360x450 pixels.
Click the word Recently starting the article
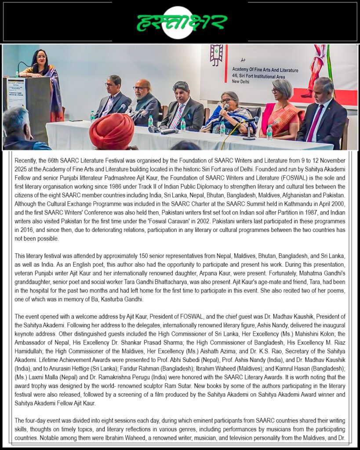(25, 161)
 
